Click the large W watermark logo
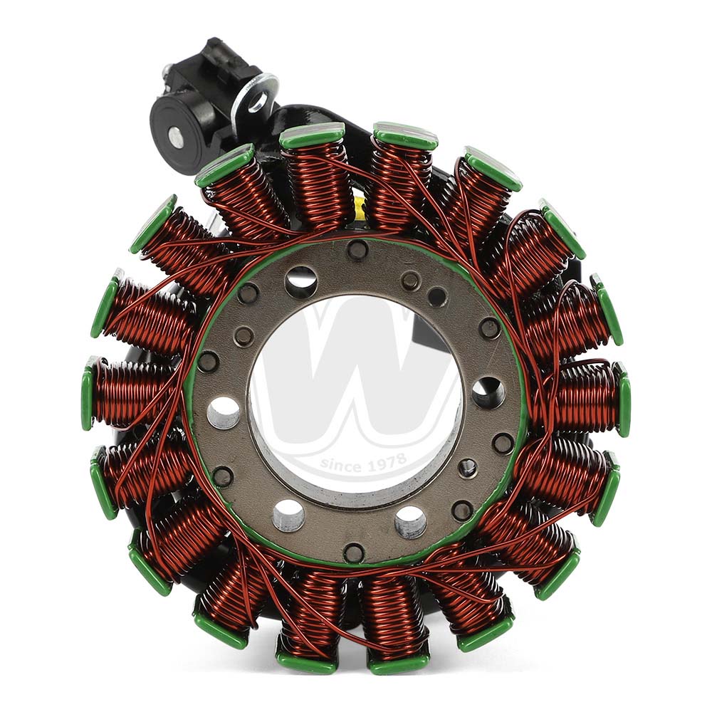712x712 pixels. pos(356,384)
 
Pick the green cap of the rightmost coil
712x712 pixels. pos(624,398)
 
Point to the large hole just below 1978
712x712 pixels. pos(411,522)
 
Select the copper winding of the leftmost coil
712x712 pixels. pos(132,392)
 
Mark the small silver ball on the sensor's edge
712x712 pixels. pos(166,70)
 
